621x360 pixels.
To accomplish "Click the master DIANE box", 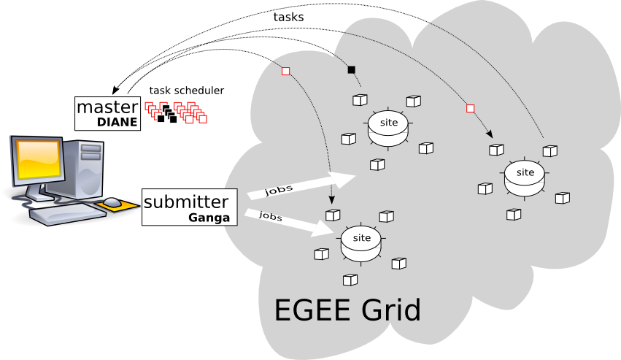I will click(x=108, y=113).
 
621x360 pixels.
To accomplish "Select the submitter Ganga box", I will click(x=190, y=207).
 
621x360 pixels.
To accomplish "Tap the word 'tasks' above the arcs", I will click(x=288, y=16).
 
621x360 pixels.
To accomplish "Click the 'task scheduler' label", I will click(x=187, y=91).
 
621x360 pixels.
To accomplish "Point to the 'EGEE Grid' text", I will click(x=347, y=310).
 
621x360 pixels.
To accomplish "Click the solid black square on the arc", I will click(x=351, y=70).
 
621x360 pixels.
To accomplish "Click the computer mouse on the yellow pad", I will click(x=112, y=202).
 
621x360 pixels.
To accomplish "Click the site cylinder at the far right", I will click(x=525, y=177).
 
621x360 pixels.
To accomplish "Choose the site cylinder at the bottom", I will click(x=361, y=243).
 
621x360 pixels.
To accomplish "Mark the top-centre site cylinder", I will click(x=389, y=127).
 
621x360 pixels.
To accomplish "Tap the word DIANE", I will click(x=117, y=123).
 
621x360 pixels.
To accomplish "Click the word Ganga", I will click(x=209, y=218).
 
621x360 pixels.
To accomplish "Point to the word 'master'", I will click(x=107, y=107).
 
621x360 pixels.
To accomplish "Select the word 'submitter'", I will click(x=186, y=201).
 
